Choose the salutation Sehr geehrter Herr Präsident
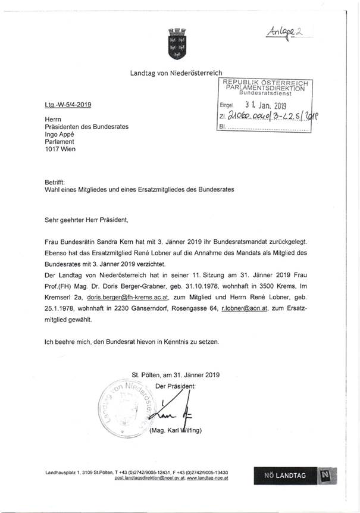pos(86,219)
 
